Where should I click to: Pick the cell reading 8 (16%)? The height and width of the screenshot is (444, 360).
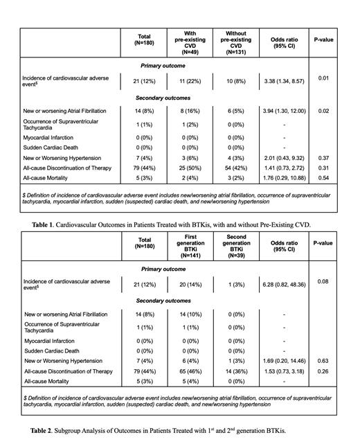190,110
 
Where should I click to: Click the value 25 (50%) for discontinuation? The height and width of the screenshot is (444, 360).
190,167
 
